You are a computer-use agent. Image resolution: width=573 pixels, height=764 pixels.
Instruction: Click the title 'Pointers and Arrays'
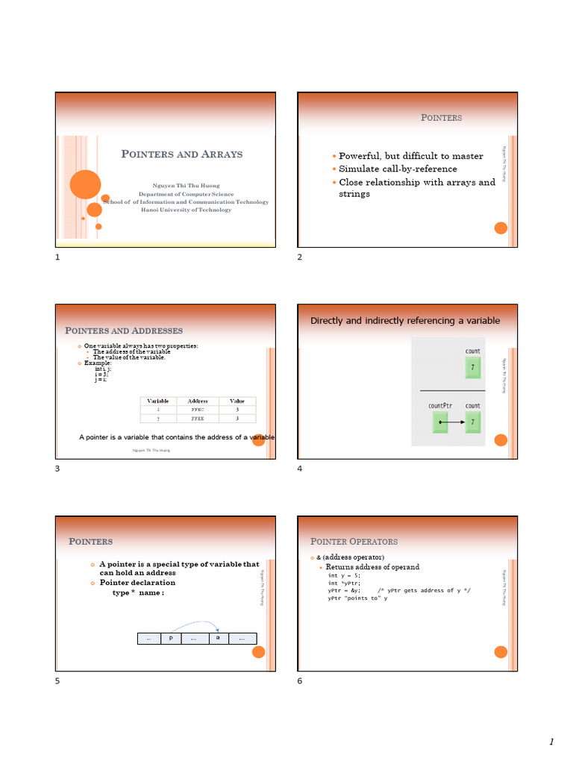coord(182,154)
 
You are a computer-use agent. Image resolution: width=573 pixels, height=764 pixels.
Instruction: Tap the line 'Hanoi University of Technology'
coord(186,210)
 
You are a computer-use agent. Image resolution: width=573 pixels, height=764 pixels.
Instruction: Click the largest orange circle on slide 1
coord(86,184)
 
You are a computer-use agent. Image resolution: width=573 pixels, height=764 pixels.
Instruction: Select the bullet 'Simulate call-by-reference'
coord(398,169)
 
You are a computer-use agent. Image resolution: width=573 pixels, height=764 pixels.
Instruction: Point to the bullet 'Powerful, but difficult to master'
coord(410,156)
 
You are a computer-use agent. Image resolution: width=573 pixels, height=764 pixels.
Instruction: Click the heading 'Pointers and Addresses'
coord(124,330)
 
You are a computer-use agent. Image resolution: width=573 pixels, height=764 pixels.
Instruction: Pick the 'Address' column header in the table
coord(198,401)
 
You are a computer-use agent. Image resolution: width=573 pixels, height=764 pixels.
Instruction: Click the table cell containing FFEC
coord(198,410)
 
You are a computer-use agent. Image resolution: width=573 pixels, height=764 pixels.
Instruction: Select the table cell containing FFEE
coord(198,419)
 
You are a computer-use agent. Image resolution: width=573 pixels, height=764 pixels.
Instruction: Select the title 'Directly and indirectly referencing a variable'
coord(405,320)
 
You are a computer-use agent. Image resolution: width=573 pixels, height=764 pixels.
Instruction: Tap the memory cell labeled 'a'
coord(217,639)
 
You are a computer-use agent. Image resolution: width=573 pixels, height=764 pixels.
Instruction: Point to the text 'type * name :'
coord(138,592)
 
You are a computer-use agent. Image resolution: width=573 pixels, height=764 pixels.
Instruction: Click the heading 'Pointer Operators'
coord(354,541)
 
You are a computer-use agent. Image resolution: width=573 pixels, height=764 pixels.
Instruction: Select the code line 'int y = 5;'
coord(344,575)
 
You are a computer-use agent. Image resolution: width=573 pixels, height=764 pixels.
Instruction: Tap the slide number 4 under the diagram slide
coord(299,469)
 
